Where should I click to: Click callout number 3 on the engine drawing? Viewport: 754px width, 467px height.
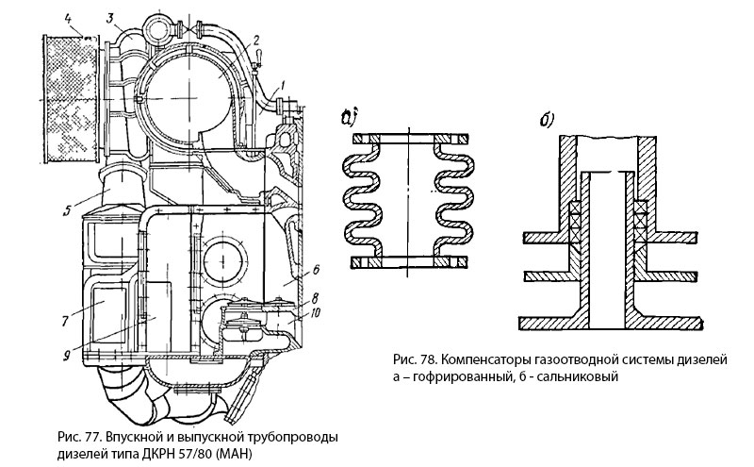(110, 18)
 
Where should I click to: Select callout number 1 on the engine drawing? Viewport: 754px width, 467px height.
(281, 85)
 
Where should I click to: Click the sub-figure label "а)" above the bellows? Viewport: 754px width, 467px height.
(351, 119)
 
